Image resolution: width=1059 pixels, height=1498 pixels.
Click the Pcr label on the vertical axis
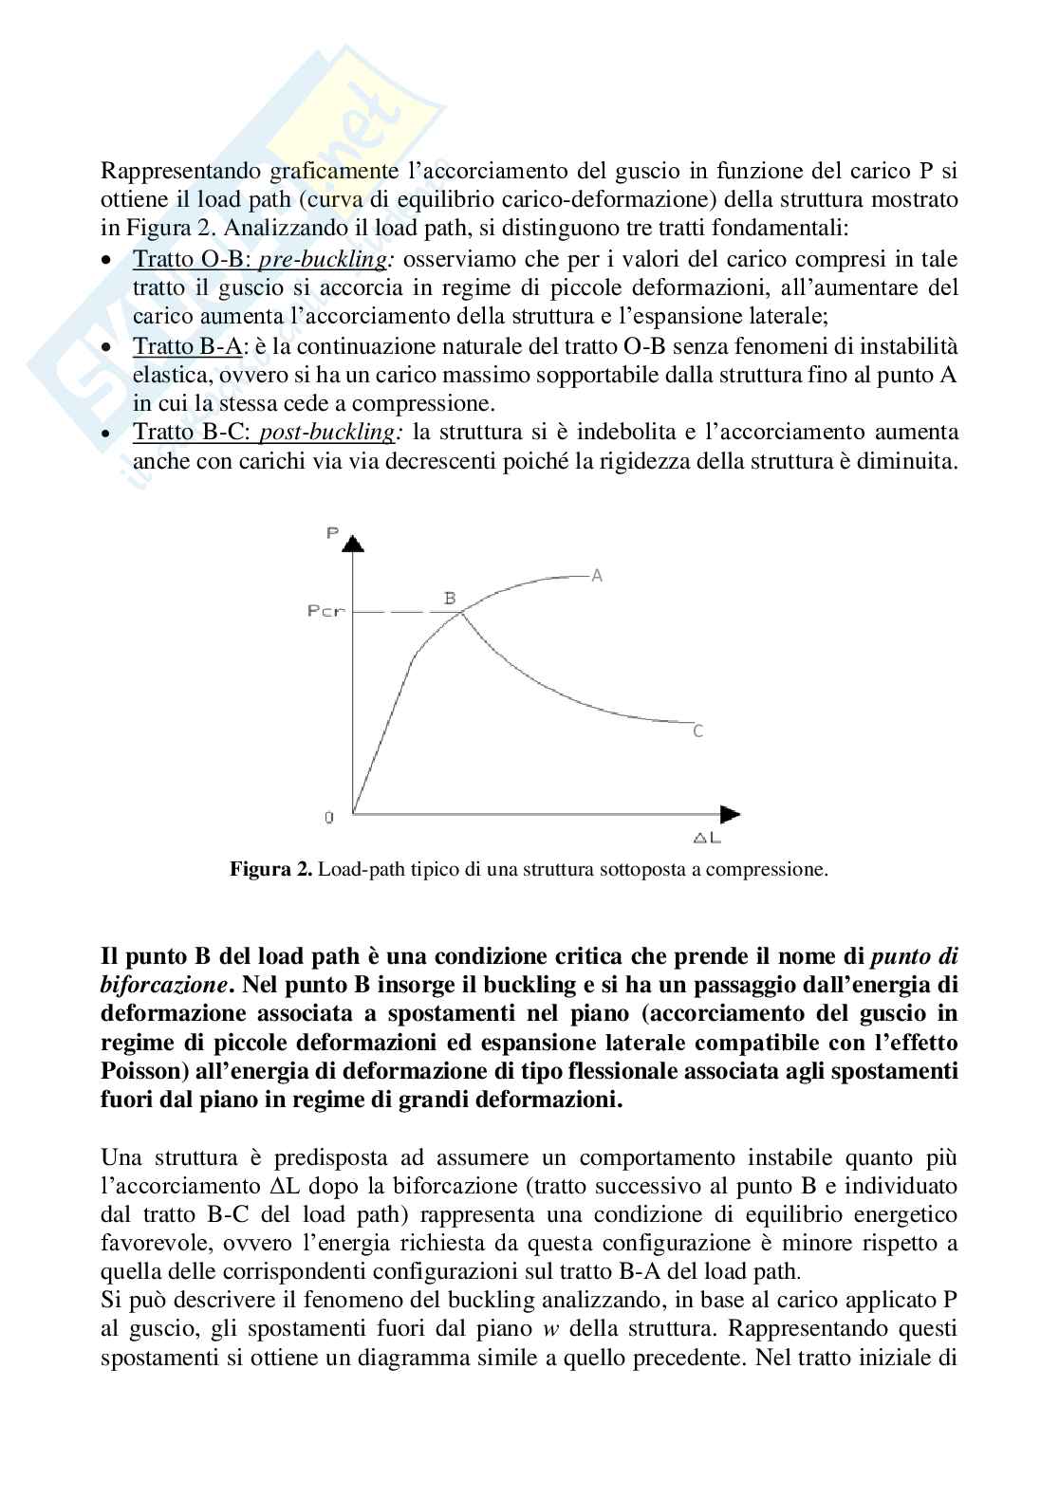(325, 611)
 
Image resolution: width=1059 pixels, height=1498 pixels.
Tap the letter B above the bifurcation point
(450, 598)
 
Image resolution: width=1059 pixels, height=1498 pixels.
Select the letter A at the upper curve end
(597, 575)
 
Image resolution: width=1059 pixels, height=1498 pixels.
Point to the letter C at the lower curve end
(697, 731)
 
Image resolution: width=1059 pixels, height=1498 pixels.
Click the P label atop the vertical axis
(332, 533)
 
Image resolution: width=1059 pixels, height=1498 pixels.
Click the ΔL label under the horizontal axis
(707, 838)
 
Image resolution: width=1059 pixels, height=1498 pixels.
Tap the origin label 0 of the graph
(329, 817)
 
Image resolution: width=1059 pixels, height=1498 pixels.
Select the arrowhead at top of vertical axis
(353, 544)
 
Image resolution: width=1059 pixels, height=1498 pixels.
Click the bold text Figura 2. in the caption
(270, 869)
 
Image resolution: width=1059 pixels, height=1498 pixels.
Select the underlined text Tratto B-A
(187, 346)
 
